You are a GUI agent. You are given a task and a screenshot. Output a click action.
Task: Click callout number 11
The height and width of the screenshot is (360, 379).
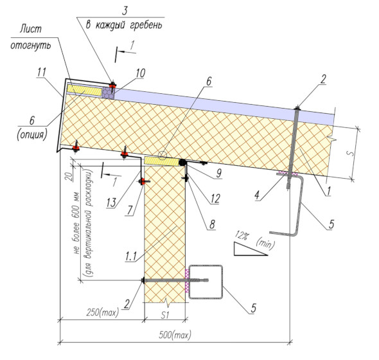coord(42,72)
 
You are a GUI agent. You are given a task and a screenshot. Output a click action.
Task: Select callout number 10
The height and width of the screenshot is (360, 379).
coord(141,73)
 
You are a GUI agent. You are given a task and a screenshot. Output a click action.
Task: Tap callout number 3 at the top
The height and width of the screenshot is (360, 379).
coord(125,11)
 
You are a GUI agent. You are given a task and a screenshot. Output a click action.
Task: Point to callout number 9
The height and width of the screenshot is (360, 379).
coord(219,173)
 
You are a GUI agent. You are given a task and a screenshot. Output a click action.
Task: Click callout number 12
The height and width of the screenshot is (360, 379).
coord(215,199)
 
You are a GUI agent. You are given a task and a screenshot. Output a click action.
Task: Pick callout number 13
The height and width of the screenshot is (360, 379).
coord(111,203)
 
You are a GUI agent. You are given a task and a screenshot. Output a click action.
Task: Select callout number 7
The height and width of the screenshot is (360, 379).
coord(130,210)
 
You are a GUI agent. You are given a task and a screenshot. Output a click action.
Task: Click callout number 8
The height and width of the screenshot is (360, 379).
coord(212,224)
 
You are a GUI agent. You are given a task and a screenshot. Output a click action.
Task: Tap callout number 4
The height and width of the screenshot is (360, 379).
coord(257,195)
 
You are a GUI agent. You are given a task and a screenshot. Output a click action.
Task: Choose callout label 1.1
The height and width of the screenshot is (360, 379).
coord(131,256)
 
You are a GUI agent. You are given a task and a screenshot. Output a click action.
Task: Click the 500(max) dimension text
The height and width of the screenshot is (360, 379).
coord(175,335)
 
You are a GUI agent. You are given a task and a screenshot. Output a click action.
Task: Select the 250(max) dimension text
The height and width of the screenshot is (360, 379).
coord(103,312)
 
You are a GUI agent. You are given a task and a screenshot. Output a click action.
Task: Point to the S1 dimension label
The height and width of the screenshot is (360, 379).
coord(164,315)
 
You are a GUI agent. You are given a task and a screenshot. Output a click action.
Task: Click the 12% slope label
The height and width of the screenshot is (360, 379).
coord(242,235)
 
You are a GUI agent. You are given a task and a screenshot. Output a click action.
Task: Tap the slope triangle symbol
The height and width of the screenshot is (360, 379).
coord(250,249)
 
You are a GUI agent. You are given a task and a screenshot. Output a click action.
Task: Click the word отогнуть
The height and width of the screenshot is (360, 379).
coord(31,45)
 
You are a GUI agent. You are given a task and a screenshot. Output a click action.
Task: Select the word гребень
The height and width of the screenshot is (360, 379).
coord(146,26)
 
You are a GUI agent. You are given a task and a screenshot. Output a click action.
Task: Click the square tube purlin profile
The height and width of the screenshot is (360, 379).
coord(206,282)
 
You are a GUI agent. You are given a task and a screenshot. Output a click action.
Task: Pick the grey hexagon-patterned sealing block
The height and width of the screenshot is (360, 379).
coord(108,93)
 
